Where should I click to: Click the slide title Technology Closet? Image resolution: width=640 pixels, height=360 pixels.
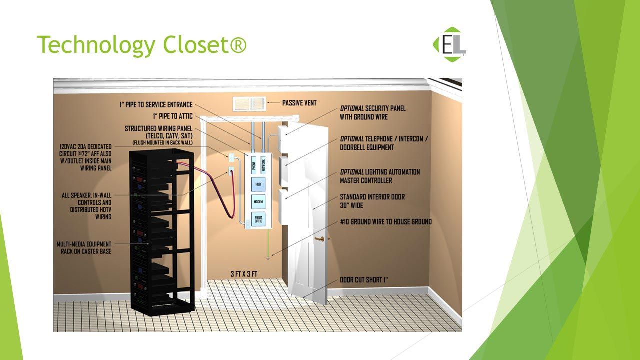142,45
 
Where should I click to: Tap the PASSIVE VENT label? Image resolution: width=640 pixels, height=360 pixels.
302,103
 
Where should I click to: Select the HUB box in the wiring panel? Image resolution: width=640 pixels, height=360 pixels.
258,184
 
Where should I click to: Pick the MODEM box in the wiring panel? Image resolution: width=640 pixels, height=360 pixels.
258,202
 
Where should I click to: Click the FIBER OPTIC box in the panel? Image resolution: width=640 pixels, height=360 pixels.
258,219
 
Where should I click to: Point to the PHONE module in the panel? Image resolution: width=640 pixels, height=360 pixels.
253,164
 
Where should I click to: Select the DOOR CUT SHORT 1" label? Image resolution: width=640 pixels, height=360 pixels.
364,280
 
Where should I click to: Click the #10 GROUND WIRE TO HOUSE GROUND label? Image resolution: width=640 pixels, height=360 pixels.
386,222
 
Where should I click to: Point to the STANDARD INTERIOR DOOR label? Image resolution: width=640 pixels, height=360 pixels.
372,201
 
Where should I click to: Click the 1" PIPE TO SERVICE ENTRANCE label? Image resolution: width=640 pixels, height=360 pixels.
155,105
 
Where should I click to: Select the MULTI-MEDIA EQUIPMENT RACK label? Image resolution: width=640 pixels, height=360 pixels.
84,248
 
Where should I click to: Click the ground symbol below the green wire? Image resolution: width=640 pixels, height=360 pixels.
268,258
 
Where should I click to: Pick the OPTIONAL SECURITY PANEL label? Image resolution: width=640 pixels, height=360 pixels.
373,112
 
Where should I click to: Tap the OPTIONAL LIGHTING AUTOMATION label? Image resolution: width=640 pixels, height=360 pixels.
380,176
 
